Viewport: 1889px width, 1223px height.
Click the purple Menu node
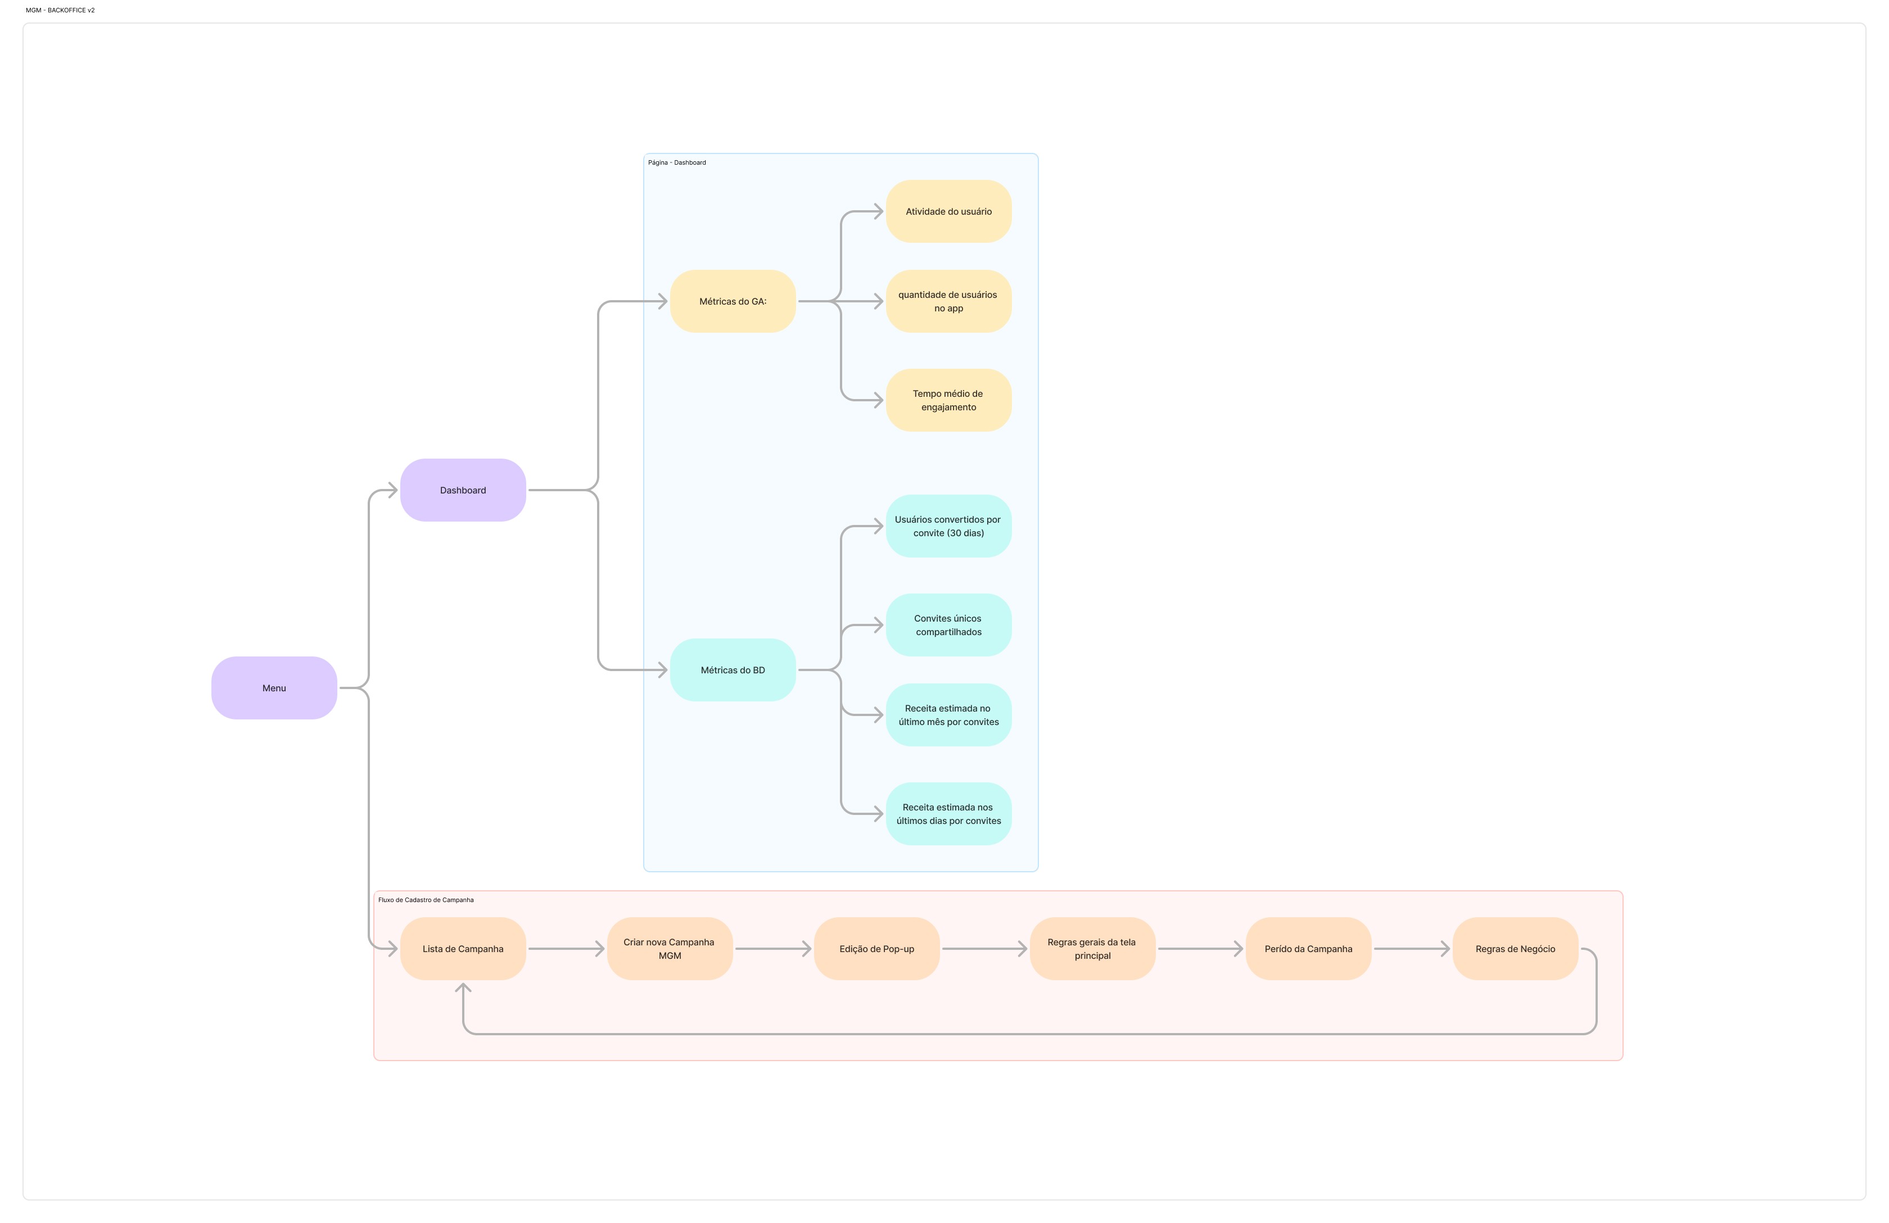(274, 688)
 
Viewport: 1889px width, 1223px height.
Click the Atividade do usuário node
(948, 211)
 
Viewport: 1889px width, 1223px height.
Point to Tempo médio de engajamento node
(948, 400)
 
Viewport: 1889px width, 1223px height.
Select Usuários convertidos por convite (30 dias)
(948, 526)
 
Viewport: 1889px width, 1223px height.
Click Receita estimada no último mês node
(948, 715)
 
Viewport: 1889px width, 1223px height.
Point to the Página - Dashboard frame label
(677, 162)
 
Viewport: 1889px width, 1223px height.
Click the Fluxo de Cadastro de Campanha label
(426, 900)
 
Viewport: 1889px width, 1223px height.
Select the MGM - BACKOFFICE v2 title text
(60, 10)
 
